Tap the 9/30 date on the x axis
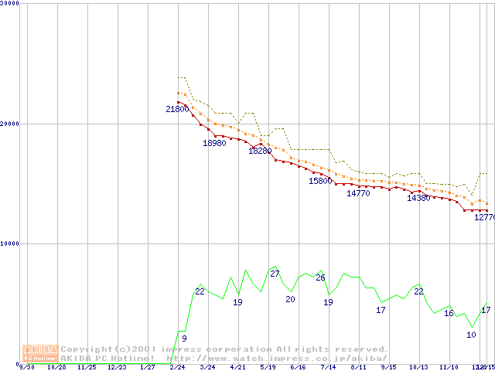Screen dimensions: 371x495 click(x=26, y=368)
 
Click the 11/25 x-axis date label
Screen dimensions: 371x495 click(x=87, y=368)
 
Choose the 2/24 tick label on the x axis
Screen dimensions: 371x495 click(x=177, y=368)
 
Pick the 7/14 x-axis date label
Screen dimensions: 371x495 click(x=328, y=368)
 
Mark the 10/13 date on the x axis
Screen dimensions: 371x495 click(x=418, y=368)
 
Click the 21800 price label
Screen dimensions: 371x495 click(x=177, y=110)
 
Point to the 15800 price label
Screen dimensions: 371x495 click(x=320, y=182)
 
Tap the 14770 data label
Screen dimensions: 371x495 click(x=358, y=194)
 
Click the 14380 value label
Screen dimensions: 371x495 click(x=418, y=199)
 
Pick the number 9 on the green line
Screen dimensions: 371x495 click(x=184, y=339)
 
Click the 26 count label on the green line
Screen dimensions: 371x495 click(x=320, y=278)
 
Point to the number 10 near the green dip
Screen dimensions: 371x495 click(x=471, y=335)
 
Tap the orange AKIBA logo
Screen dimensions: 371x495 click(x=40, y=353)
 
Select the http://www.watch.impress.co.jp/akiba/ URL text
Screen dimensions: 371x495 click(x=277, y=359)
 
